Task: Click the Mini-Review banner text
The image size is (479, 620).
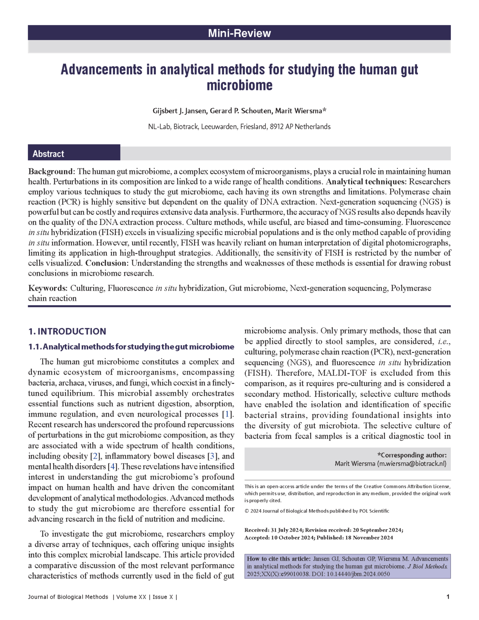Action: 239,33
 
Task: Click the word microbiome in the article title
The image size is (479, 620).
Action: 239,86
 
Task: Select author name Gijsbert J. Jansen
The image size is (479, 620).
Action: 174,111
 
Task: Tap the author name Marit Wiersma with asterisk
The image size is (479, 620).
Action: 301,111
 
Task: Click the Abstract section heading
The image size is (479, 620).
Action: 48,154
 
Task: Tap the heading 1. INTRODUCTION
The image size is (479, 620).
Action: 67,331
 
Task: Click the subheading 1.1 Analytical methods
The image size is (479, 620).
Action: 131,347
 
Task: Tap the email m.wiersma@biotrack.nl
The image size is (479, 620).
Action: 412,464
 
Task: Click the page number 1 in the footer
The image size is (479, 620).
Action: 448,597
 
